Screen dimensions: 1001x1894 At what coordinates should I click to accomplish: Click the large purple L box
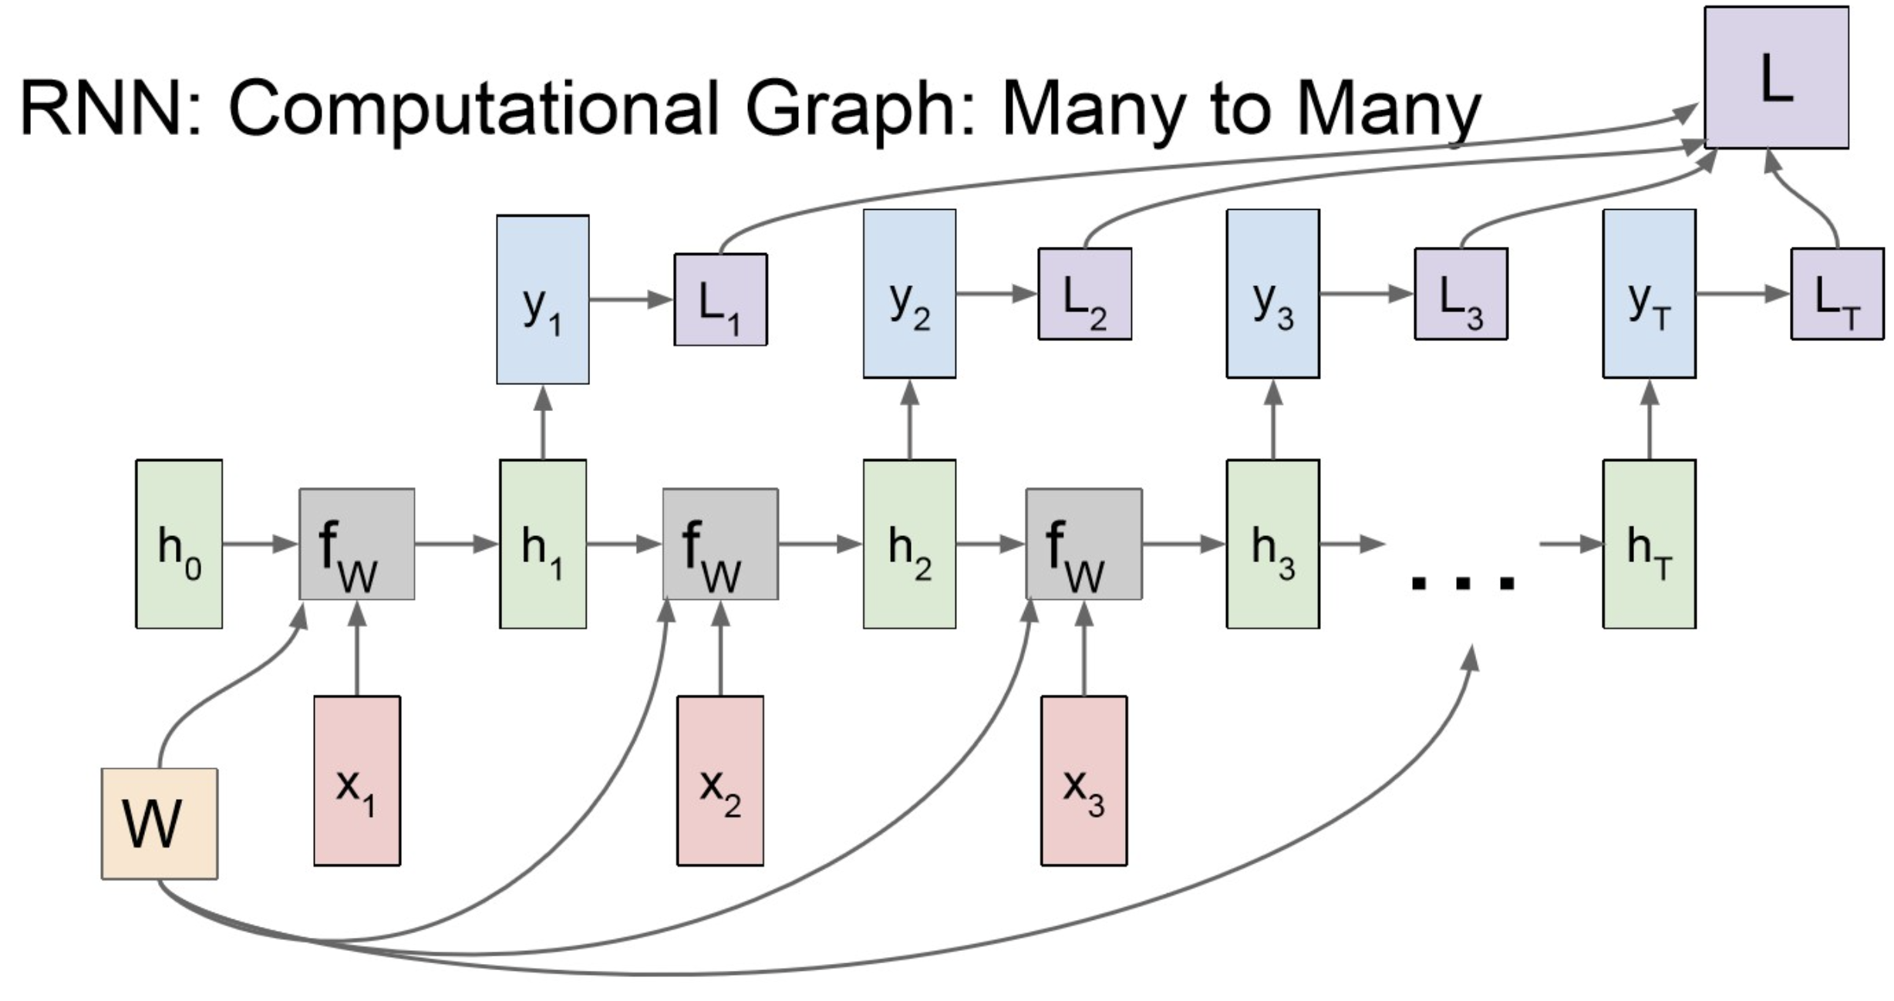[x=1775, y=77]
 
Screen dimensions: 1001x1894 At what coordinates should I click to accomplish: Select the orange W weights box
[x=160, y=823]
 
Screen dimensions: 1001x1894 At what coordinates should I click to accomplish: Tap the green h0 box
[x=179, y=544]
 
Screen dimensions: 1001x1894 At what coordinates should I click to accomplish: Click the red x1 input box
[x=356, y=780]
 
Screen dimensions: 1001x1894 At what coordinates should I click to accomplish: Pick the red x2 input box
[x=720, y=780]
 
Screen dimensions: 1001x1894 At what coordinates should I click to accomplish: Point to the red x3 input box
[x=1083, y=780]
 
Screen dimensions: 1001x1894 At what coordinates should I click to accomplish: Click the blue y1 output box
[x=542, y=299]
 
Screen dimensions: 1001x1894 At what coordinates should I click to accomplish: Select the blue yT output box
[x=1649, y=293]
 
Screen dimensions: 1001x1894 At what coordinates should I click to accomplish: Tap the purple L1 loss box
[x=720, y=299]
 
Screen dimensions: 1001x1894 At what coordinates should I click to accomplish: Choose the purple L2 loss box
[x=1084, y=294]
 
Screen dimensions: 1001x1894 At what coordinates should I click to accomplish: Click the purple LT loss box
[x=1836, y=294]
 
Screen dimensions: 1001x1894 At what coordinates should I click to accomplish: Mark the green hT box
[x=1649, y=544]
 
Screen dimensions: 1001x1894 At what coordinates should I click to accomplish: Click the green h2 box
[x=909, y=544]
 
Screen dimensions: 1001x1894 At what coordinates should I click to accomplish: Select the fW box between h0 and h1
[x=356, y=544]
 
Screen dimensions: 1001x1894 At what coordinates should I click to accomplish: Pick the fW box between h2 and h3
[x=1083, y=544]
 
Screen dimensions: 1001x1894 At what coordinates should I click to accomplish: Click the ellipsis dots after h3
[x=1462, y=582]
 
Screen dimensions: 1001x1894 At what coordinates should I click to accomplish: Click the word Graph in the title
[x=850, y=110]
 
